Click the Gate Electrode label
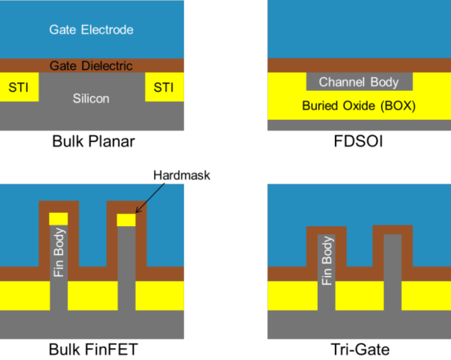[92, 30]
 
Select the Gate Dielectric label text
[92, 66]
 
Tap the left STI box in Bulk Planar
[19, 89]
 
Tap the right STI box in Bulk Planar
[163, 89]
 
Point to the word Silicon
[92, 97]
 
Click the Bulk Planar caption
[92, 141]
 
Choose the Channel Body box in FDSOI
[359, 82]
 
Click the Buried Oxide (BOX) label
[359, 106]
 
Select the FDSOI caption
[359, 141]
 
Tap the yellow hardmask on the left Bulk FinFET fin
[58, 219]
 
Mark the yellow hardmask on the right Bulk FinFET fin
[127, 219]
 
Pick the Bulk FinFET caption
[92, 348]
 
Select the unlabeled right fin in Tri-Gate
[393, 271]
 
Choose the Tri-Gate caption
[359, 348]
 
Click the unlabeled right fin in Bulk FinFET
[127, 268]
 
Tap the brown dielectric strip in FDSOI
[359, 65]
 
